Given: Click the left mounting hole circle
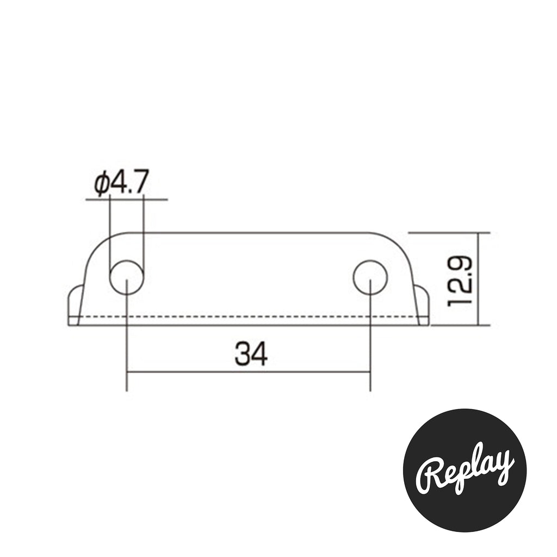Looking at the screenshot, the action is click(x=110, y=277).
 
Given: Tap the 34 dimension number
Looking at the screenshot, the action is click(x=251, y=354).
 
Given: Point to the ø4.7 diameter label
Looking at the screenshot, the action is click(x=121, y=182).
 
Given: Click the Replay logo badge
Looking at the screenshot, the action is click(x=465, y=471).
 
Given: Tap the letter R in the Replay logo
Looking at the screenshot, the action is click(x=430, y=476).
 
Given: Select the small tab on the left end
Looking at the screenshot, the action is click(x=75, y=305).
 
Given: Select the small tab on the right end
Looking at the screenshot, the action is click(x=422, y=305).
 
